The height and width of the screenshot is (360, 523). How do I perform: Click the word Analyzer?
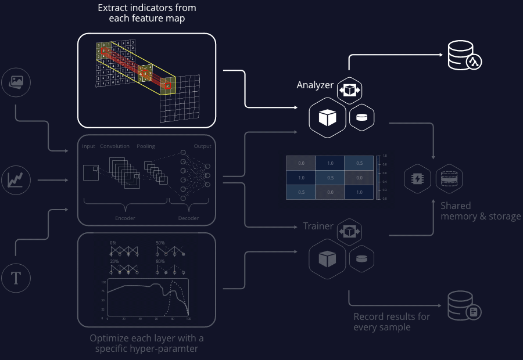pyautogui.click(x=315, y=85)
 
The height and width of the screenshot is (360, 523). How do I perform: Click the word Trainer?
pyautogui.click(x=318, y=226)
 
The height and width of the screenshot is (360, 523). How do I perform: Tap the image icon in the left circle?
pyautogui.click(x=16, y=83)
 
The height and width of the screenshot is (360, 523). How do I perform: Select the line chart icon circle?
pyautogui.click(x=16, y=180)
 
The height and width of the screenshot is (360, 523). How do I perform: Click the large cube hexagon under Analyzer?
pyautogui.click(x=327, y=118)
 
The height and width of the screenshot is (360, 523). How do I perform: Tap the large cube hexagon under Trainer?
pyautogui.click(x=327, y=259)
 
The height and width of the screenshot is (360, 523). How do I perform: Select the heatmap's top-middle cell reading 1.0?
pyautogui.click(x=329, y=164)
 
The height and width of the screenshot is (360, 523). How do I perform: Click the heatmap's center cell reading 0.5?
pyautogui.click(x=329, y=178)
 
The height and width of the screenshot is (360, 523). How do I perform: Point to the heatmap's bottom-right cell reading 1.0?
pyautogui.click(x=359, y=192)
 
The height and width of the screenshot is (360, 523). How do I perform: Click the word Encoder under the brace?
pyautogui.click(x=125, y=218)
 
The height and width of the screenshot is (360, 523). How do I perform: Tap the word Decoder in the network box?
pyautogui.click(x=188, y=218)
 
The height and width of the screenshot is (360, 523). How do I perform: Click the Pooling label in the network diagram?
pyautogui.click(x=146, y=146)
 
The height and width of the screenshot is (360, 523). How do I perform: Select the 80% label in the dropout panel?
pyautogui.click(x=160, y=261)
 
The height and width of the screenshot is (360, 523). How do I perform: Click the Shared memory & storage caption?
pyautogui.click(x=480, y=211)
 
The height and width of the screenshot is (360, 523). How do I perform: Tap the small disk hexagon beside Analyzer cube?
pyautogui.click(x=361, y=117)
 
